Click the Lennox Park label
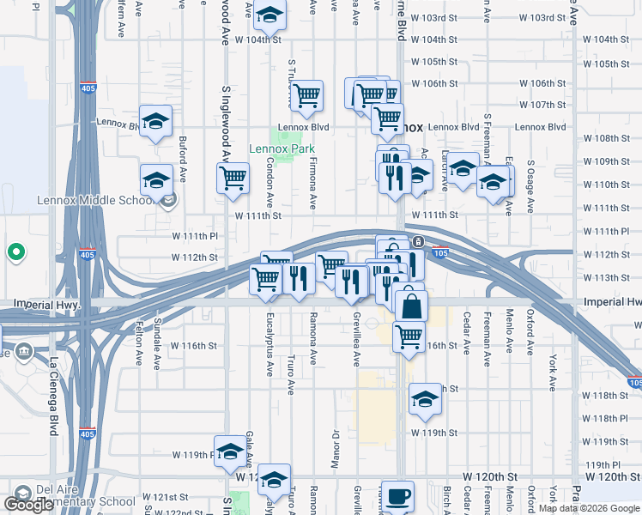click(282, 148)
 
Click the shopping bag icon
click(412, 306)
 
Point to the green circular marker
click(15, 252)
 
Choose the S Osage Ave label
click(530, 187)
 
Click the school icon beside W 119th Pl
click(229, 451)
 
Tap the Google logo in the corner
click(28, 505)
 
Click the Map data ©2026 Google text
click(589, 508)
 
